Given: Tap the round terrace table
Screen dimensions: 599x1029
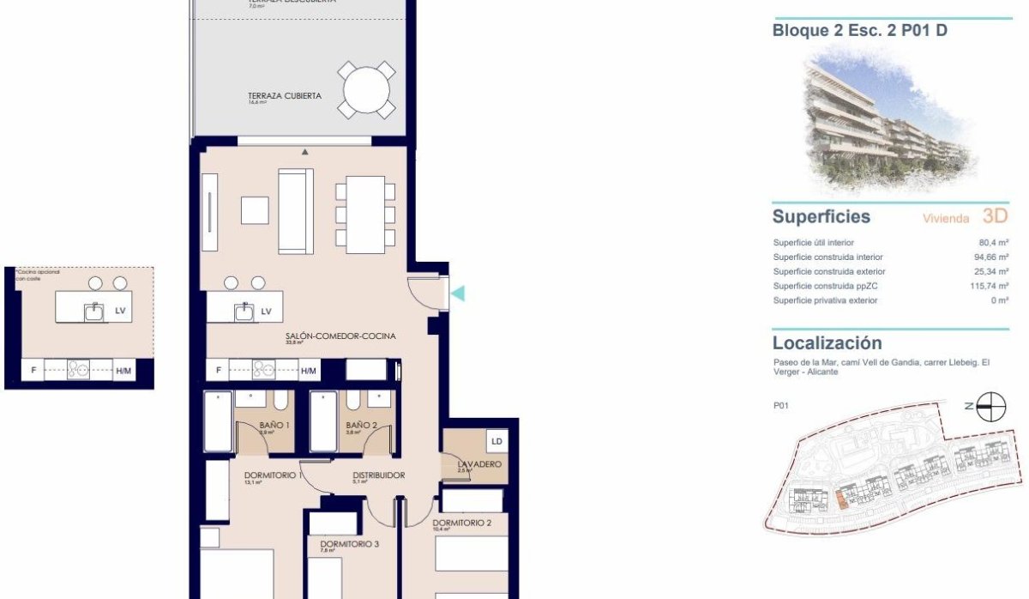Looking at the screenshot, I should point(367,90).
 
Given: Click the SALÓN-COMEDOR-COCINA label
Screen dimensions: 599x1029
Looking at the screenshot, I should point(340,336).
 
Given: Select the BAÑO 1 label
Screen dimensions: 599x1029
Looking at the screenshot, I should point(274,426).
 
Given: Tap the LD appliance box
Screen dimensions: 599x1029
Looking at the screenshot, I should point(496,442).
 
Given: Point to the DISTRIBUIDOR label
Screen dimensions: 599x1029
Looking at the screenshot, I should point(378,475).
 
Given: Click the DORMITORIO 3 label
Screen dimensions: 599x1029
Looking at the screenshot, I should point(349,544).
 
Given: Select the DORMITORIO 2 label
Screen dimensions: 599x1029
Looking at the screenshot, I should point(461,523).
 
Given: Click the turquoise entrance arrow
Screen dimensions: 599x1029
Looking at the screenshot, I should point(458,293).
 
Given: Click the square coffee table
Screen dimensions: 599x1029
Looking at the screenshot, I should point(255,210).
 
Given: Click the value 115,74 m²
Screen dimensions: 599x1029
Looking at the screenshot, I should point(989,286).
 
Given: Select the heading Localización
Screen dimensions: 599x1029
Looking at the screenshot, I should point(827,343).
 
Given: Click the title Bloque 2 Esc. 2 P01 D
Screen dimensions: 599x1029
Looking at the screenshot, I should point(859,32).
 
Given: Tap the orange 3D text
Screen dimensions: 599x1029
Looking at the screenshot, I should point(995,216).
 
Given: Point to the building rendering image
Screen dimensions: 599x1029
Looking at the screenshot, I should point(888,120).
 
